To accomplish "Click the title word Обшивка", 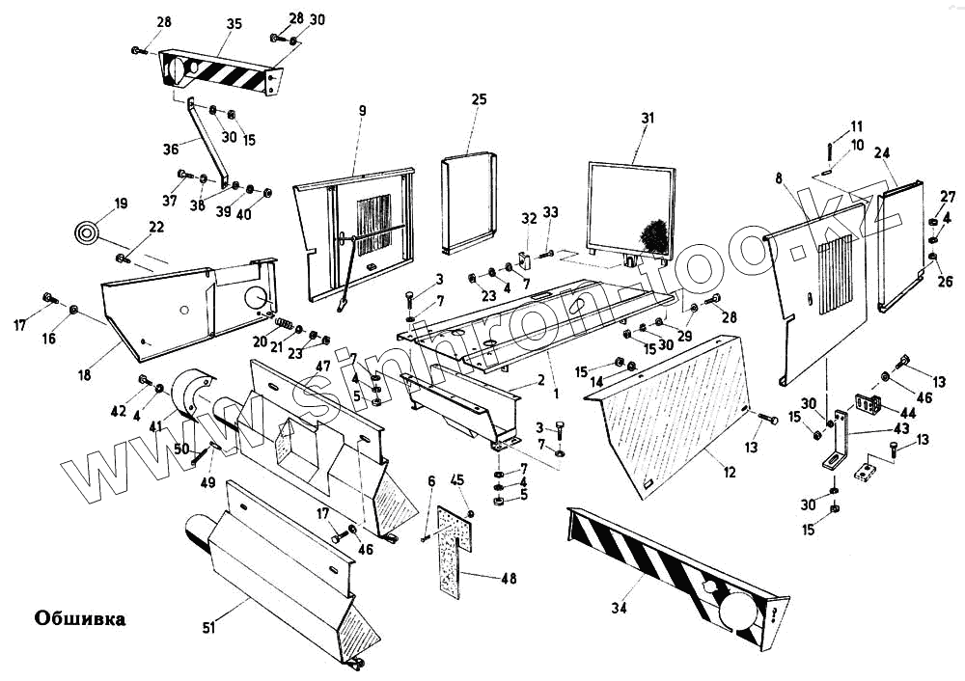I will tap(80, 618).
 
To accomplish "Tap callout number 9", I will tap(362, 111).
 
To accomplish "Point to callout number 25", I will tap(480, 99).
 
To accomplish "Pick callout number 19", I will tap(121, 204).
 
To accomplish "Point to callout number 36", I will tap(171, 149).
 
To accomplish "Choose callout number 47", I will tap(323, 367).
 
